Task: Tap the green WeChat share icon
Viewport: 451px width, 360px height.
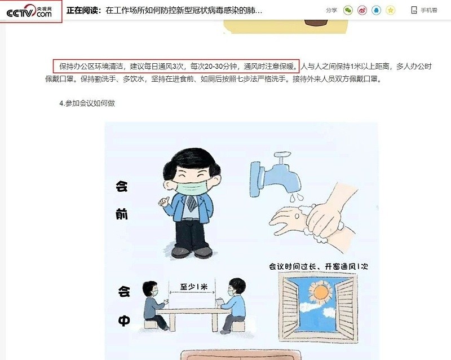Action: (x=348, y=10)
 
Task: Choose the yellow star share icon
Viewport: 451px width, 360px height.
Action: (x=391, y=10)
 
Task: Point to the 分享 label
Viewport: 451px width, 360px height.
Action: (x=331, y=10)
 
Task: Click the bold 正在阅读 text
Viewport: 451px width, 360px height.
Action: (x=84, y=10)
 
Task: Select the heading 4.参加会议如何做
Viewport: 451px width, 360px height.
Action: (x=87, y=103)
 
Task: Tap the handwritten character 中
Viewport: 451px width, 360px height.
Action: (x=124, y=321)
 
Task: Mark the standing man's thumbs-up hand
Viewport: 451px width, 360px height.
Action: (x=163, y=200)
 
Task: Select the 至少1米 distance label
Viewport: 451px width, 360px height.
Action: (x=193, y=286)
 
